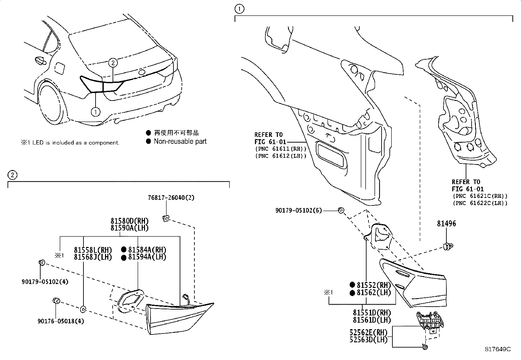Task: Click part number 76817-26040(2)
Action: pyautogui.click(x=171, y=198)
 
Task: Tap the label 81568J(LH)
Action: pyautogui.click(x=93, y=257)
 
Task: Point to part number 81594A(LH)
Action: pyautogui.click(x=147, y=257)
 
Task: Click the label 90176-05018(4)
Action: pyautogui.click(x=61, y=321)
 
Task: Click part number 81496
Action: pyautogui.click(x=446, y=224)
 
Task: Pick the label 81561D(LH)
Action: pyautogui.click(x=372, y=320)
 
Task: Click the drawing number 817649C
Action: pyautogui.click(x=498, y=349)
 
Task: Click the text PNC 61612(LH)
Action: pyautogui.click(x=280, y=156)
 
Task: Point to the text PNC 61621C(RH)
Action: pyautogui.click(x=480, y=196)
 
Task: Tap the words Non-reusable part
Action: pyautogui.click(x=180, y=142)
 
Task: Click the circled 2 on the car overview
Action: pyautogui.click(x=113, y=62)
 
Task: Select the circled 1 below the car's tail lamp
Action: pyautogui.click(x=95, y=112)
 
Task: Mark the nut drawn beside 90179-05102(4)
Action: pyautogui.click(x=42, y=262)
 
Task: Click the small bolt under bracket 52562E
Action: pyautogui.click(x=424, y=347)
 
